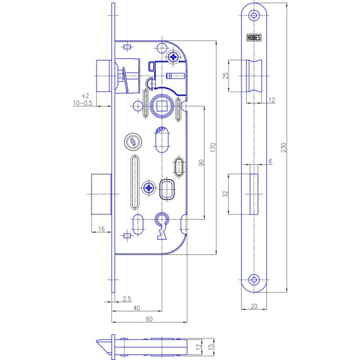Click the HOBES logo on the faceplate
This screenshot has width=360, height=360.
tap(254, 37)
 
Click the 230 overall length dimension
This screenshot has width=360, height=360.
tap(284, 147)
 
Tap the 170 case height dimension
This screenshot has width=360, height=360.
tap(213, 147)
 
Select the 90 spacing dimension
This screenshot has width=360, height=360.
tap(201, 163)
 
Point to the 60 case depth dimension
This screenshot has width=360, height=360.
tap(149, 319)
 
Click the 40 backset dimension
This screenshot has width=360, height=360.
tap(137, 308)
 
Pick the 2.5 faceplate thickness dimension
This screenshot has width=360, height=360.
tap(127, 299)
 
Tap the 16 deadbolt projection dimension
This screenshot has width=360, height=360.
tap(101, 229)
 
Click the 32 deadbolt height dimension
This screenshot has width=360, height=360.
tap(226, 194)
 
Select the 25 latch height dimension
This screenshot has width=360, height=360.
tap(226, 75)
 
